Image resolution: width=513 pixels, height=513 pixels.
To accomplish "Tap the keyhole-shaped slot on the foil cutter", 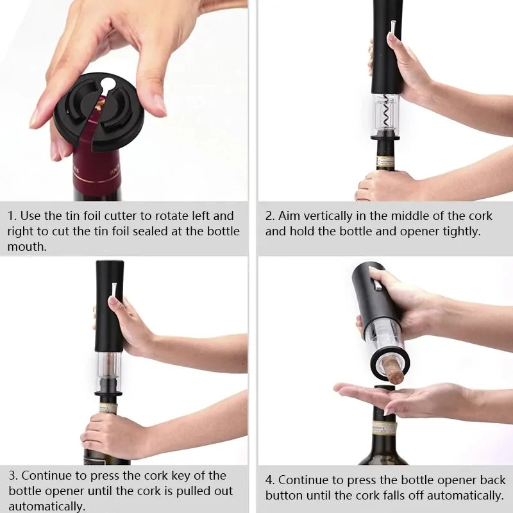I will (107, 85).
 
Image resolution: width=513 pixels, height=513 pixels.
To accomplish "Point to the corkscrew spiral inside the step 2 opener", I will (385, 113).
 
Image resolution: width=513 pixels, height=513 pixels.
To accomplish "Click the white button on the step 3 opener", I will (114, 289).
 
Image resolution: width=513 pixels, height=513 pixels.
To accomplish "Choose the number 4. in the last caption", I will (270, 480).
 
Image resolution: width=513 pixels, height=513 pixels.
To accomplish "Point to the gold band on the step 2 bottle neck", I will (385, 161).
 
